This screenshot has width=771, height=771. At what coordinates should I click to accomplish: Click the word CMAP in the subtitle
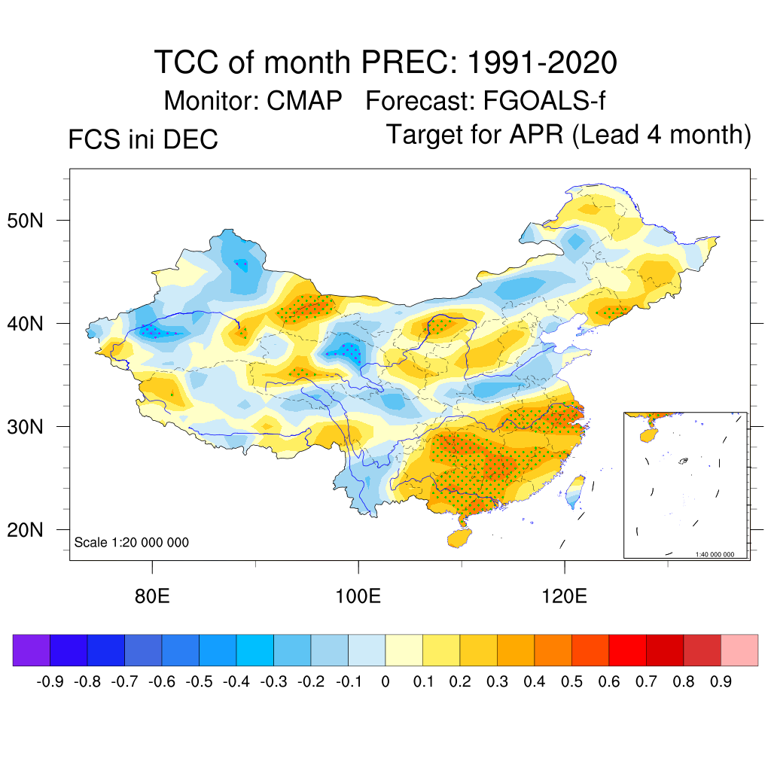tap(305, 101)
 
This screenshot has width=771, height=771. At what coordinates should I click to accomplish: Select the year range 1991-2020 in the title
tap(542, 62)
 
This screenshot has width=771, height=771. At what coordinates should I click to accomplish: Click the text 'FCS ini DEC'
tap(143, 139)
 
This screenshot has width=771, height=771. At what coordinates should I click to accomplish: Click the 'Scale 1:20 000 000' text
tap(132, 542)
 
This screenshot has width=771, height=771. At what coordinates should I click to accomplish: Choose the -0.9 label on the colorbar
tap(50, 682)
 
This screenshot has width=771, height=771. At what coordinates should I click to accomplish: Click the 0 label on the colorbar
tap(385, 682)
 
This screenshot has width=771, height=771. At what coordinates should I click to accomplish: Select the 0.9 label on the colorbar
tap(721, 682)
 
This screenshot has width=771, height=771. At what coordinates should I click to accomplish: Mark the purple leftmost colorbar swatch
tap(32, 650)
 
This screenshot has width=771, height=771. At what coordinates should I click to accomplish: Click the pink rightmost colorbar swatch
tap(739, 650)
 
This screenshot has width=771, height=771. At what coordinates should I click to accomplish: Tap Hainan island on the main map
tap(459, 538)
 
